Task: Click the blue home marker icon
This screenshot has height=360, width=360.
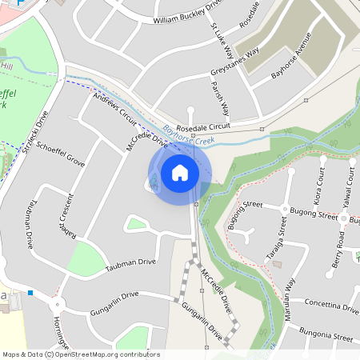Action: pos(180,172)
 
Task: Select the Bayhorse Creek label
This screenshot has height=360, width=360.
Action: pos(189,135)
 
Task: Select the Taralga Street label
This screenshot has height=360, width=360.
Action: pos(273,248)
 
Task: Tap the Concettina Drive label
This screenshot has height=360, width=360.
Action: pos(332,306)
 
